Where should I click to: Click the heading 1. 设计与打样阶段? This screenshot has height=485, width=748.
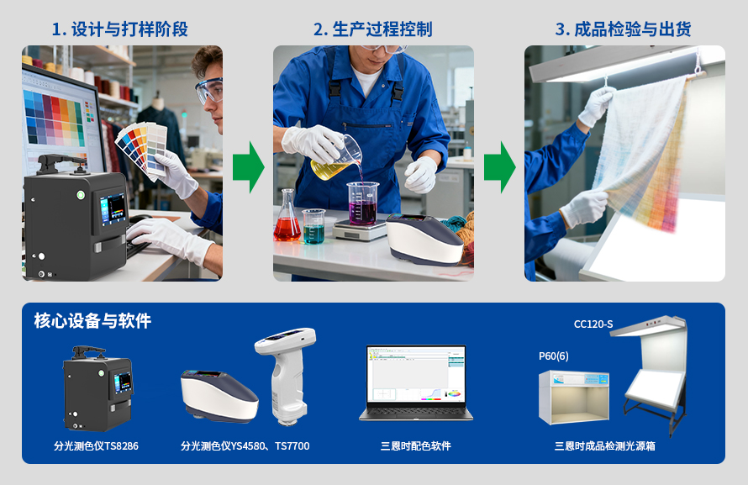[119, 29]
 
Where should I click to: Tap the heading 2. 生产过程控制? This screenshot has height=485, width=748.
[372, 29]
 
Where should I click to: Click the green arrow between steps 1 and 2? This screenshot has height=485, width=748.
[248, 166]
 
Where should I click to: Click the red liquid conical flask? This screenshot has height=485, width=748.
[287, 220]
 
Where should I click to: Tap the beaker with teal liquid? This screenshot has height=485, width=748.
[313, 226]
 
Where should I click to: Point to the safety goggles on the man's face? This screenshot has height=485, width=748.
[209, 89]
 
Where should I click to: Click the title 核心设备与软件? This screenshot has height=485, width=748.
[92, 321]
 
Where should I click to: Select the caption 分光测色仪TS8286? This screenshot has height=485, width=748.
[96, 445]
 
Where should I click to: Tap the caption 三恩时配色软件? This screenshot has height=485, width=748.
[415, 445]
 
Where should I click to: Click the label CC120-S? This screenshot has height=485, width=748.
[593, 324]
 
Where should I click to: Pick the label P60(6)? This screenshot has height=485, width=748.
[553, 356]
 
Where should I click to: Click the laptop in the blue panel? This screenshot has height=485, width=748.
[415, 382]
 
